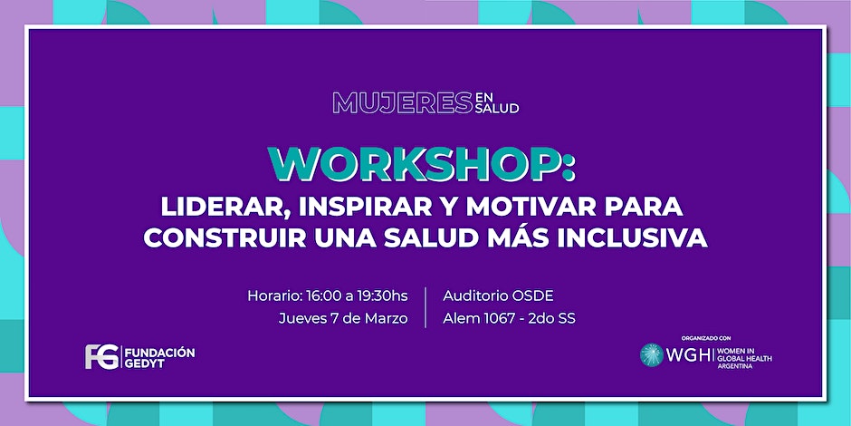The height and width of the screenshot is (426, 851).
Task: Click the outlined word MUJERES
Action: [x=402, y=102]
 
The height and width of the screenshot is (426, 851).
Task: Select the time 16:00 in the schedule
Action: [x=323, y=296]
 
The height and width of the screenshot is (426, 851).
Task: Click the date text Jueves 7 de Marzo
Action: [x=343, y=318]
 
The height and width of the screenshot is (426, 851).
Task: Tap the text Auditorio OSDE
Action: [x=498, y=296]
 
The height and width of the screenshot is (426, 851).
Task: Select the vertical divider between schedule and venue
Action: [x=425, y=307]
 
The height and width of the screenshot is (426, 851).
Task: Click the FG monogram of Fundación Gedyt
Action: [x=102, y=357]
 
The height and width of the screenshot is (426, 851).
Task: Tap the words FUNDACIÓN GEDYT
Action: [x=159, y=357]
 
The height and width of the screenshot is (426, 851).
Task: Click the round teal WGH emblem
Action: [x=652, y=354]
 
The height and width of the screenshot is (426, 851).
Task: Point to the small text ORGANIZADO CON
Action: [x=703, y=337]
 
